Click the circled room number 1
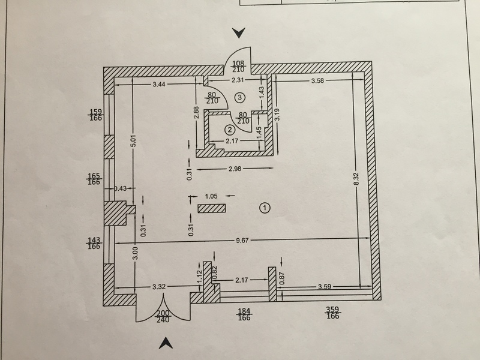(265, 208)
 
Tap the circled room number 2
(229, 129)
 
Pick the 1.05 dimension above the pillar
(211, 196)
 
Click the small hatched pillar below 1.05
(212, 208)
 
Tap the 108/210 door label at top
(239, 67)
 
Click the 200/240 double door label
(163, 316)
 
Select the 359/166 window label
(332, 313)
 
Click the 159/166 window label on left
(94, 115)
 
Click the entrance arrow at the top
(240, 32)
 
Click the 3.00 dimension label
(136, 253)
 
